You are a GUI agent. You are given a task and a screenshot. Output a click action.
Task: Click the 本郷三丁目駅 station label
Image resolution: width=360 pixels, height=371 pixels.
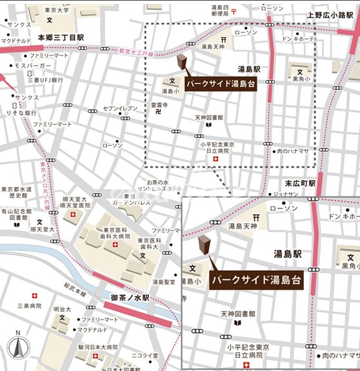click(61, 39)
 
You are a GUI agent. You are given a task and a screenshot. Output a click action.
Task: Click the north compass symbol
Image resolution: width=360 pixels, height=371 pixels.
click(18, 349)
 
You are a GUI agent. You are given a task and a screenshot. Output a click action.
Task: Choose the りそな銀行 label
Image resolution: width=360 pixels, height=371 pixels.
click(23, 113)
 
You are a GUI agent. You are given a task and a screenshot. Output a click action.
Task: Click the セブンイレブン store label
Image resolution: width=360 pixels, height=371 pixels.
click(121, 108)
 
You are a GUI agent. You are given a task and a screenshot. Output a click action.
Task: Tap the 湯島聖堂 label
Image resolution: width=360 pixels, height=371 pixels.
click(165, 282)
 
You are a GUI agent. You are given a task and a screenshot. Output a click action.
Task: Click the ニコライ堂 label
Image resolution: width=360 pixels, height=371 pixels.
click(145, 355)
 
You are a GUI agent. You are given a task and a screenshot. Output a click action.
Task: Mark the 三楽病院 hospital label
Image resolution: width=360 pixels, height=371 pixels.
click(29, 305)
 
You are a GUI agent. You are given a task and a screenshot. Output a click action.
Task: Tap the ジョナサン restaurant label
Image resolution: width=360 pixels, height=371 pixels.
click(285, 192)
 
